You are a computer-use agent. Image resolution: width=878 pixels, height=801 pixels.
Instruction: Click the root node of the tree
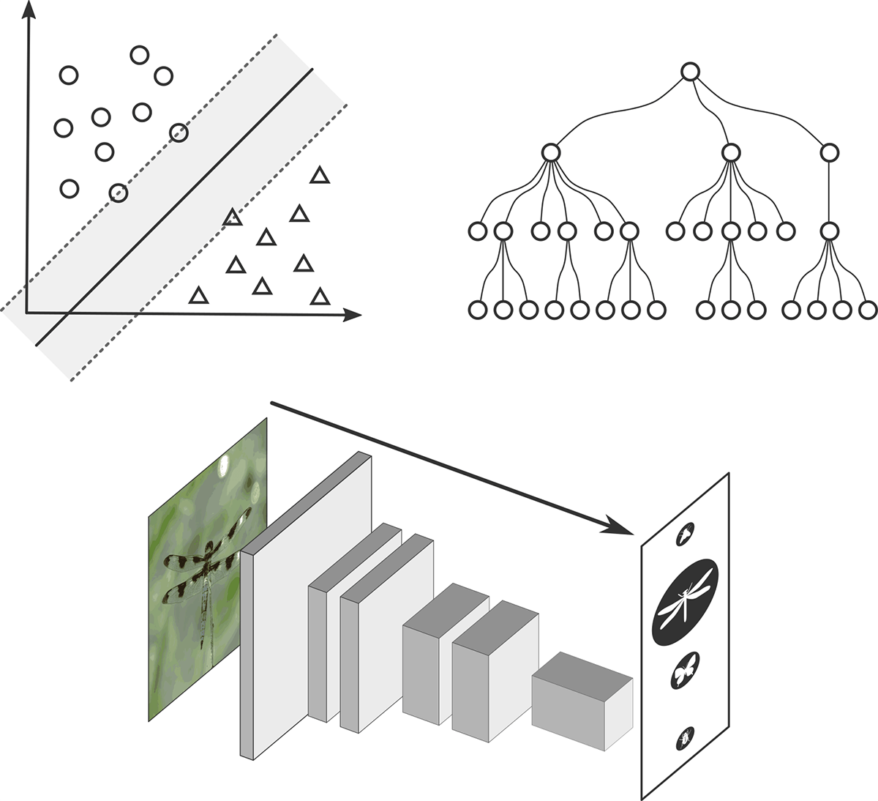690,72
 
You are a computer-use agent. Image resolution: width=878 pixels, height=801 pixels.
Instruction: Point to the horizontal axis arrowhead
353,315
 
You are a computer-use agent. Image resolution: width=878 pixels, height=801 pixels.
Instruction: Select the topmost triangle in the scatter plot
319,175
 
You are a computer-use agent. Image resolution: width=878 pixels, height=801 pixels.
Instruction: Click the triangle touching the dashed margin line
232,217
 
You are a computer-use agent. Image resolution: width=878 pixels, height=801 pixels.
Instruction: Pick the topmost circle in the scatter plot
139,55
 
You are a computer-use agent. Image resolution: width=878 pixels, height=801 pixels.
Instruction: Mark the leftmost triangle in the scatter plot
198,295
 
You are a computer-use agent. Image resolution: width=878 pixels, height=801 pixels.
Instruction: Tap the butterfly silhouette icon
685,670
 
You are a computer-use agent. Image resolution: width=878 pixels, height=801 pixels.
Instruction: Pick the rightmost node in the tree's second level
829,153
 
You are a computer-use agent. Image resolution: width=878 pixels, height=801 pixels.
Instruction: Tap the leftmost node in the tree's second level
551,153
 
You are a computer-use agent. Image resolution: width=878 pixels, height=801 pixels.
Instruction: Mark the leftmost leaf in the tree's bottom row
477,310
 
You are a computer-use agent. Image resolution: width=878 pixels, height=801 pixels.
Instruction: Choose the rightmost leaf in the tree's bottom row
867,310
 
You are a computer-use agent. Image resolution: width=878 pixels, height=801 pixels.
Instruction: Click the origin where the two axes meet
27,313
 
